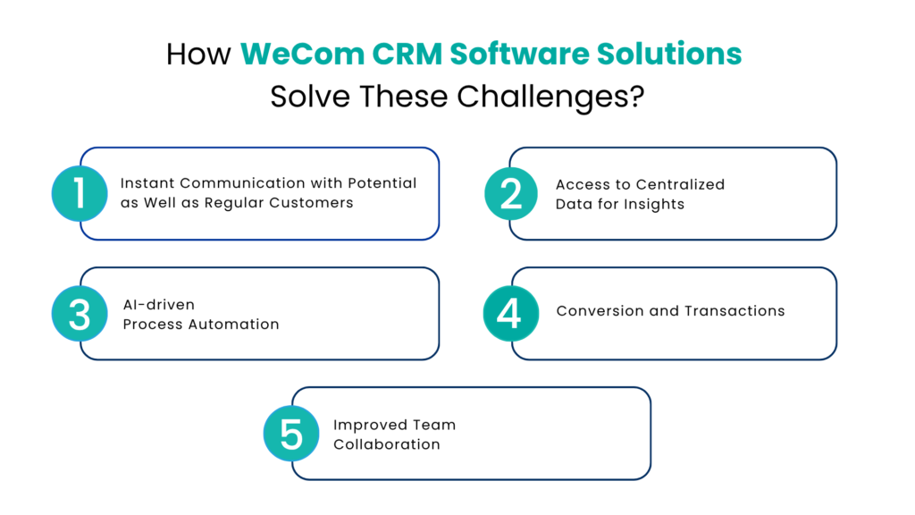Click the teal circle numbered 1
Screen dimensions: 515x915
(x=80, y=193)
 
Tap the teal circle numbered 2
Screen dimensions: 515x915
(x=512, y=193)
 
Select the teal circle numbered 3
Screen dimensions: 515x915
(x=80, y=314)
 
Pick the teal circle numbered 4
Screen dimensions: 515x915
(x=510, y=314)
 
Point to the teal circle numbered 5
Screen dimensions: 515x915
(x=290, y=434)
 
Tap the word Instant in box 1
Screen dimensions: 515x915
(x=147, y=183)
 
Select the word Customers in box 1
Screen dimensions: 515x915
(x=316, y=203)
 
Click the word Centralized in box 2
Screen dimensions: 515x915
(x=681, y=184)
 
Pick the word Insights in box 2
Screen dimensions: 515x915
(x=653, y=204)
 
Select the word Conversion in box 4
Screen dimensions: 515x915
(x=600, y=311)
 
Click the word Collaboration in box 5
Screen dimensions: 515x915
(x=387, y=444)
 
